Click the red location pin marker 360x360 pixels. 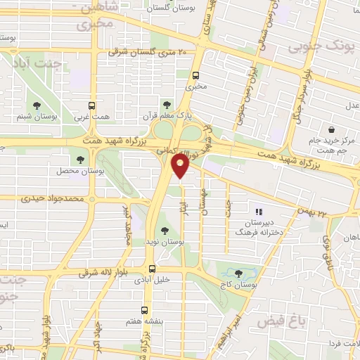(180, 166)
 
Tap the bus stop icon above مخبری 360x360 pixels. (195, 75)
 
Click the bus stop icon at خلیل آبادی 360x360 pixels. (151, 268)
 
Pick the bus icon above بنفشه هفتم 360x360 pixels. (144, 309)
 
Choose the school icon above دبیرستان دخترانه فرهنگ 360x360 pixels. (258, 211)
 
